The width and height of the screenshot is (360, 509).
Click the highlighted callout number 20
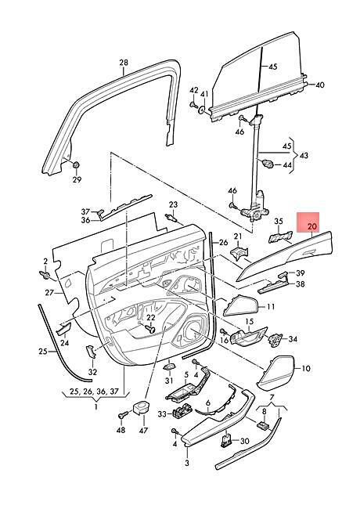pos(311,226)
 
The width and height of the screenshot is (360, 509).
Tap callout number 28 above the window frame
pos(124,63)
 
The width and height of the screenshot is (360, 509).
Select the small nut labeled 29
pos(77,164)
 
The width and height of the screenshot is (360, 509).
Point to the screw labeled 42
pos(194,104)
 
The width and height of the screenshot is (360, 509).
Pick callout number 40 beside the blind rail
pos(319,85)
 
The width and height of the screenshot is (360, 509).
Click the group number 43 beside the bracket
pos(304,155)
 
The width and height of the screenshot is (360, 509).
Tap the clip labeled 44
pos(268,164)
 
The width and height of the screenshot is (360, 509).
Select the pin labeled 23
pos(172,217)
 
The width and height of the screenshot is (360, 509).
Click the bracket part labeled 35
pos(280,237)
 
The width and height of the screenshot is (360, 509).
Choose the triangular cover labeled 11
pos(240,305)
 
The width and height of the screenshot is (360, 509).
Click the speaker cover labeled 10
pos(276,373)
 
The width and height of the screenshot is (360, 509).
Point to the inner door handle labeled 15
pos(248,336)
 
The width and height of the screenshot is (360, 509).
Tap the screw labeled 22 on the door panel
pos(150,329)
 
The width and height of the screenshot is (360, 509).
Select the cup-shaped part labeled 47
pos(142,407)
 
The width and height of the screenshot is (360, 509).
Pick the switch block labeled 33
pos(183,412)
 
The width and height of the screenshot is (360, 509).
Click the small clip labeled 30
pos(227,441)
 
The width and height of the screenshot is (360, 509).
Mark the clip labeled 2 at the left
pos(45,276)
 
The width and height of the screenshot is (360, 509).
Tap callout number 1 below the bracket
pos(96,406)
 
